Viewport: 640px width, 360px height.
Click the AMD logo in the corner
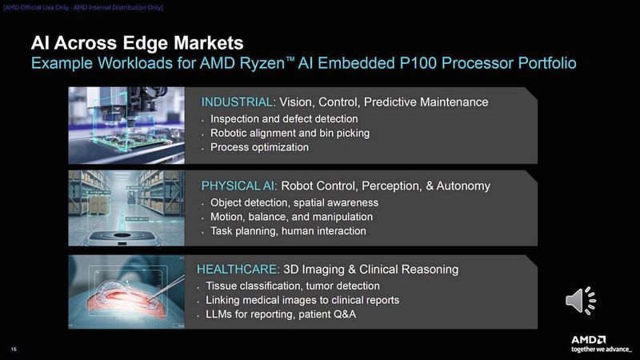(x=588, y=339)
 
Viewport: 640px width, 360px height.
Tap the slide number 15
(x=14, y=349)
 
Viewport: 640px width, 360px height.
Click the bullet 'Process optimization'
(x=259, y=147)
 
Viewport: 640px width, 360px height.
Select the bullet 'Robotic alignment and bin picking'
(x=290, y=133)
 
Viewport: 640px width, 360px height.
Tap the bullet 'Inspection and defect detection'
(x=284, y=118)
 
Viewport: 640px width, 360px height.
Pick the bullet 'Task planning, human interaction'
(x=288, y=231)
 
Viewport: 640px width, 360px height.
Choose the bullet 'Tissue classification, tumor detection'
(x=293, y=286)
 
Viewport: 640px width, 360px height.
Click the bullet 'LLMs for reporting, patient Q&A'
(x=281, y=314)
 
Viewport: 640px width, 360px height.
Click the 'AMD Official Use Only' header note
(x=83, y=7)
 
